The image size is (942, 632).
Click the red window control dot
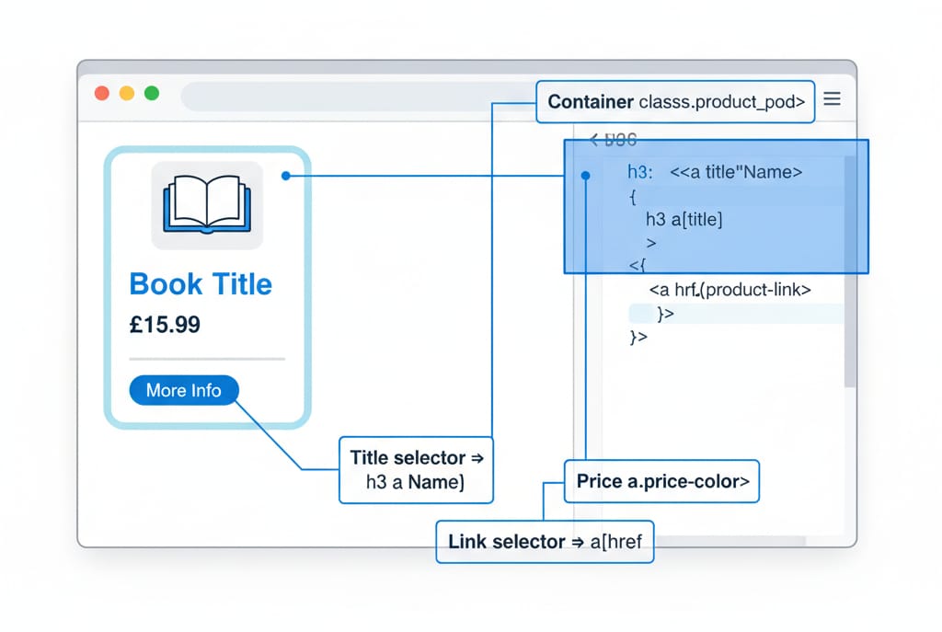coord(102,94)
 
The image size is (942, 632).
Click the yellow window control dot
coord(127,94)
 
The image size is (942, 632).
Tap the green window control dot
coord(152,94)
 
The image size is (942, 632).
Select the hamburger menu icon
coord(832,99)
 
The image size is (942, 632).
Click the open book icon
coord(207,204)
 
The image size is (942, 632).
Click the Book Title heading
coord(201,283)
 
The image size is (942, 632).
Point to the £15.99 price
coord(165,325)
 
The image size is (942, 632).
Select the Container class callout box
coord(675,102)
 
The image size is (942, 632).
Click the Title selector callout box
coord(416,469)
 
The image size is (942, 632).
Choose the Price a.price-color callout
coord(661,481)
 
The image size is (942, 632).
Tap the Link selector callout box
coord(544,542)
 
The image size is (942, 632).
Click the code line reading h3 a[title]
coord(684,220)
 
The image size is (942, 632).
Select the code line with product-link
coord(729,290)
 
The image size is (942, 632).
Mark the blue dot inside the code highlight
coord(586,174)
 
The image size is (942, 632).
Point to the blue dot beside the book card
coord(286,175)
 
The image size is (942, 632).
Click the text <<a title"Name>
coord(736,172)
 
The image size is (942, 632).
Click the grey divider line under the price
coord(207,359)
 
